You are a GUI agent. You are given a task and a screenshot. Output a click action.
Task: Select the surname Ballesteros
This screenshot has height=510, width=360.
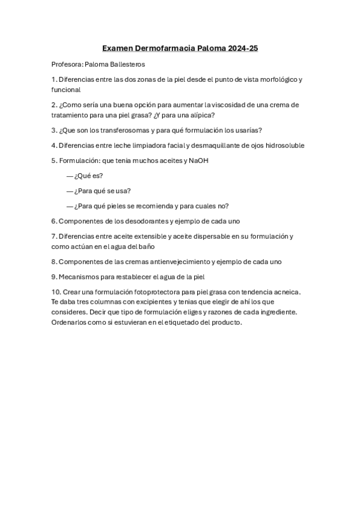click(124, 64)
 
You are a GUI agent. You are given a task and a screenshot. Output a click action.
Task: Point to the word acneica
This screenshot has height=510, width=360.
click(285, 292)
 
